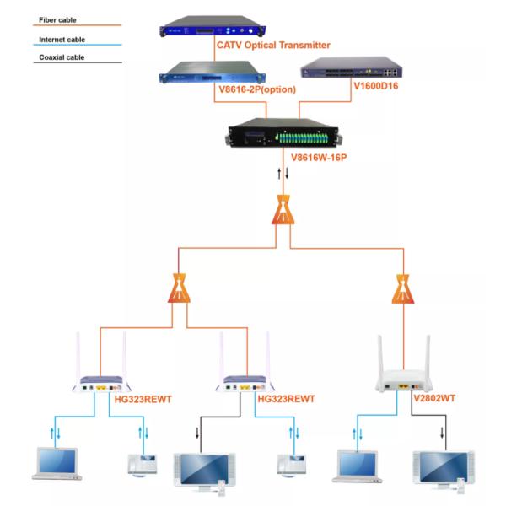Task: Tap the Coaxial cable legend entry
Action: point(60,58)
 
